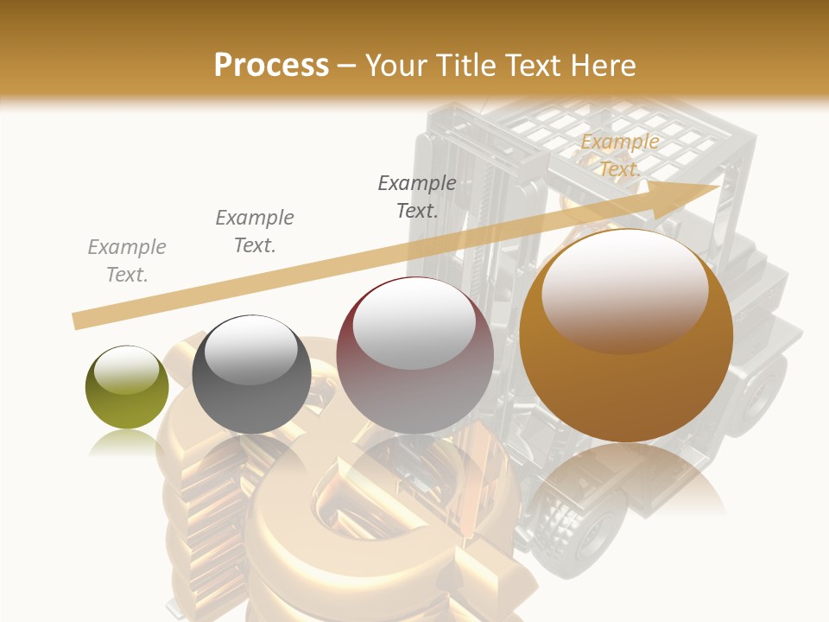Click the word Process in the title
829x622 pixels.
coord(271,66)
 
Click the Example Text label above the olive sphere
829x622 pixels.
coord(127,261)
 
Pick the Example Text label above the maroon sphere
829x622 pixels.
coord(417,196)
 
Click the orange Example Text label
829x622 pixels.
coord(619,155)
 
